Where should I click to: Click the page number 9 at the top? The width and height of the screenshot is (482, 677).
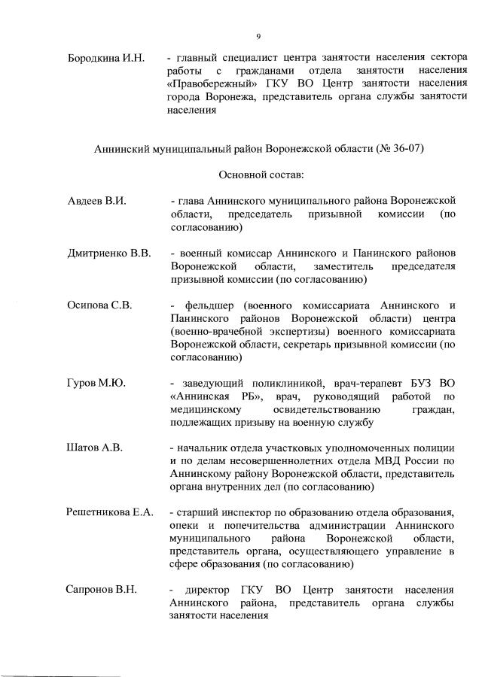point(258,36)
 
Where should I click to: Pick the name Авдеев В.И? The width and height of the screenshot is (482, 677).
point(95,202)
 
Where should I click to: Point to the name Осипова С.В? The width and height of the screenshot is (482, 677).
point(99,305)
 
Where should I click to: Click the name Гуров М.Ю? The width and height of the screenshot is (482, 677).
point(96,384)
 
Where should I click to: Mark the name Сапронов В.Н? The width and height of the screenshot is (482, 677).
point(102,589)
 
